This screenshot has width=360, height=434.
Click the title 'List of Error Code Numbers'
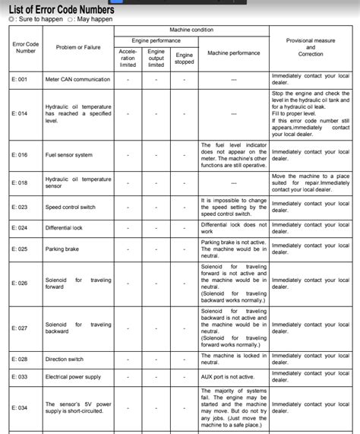pos(72,9)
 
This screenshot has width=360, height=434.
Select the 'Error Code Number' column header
pos(26,47)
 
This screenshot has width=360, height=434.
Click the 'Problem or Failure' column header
pos(77,47)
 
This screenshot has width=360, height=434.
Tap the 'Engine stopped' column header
pos(185,59)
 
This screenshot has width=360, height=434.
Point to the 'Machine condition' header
pos(191,30)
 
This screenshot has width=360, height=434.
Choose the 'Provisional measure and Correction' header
pos(311,47)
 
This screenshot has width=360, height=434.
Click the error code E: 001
pos(20,79)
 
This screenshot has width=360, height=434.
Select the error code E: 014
pos(20,113)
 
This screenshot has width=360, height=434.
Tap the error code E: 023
pos(20,207)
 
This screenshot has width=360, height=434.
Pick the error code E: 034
pos(20,407)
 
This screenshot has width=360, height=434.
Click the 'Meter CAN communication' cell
pos(77,79)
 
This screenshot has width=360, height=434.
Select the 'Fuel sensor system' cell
pos(69,155)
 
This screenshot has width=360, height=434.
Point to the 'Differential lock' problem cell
pos(64,227)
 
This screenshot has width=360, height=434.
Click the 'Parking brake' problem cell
pos(62,249)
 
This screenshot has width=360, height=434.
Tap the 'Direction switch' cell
pos(65,359)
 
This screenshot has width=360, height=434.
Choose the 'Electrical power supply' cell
pos(73,376)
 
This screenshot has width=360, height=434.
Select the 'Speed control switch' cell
pos(71,207)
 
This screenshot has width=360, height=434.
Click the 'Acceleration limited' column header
pos(128,59)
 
